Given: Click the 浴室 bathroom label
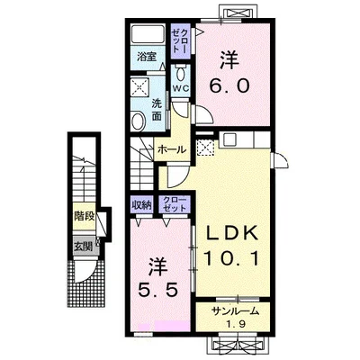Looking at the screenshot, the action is click(x=147, y=57).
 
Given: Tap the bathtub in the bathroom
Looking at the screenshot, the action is click(x=148, y=34).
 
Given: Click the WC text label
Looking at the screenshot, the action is click(x=181, y=88).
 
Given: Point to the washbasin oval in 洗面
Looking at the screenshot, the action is click(x=139, y=120).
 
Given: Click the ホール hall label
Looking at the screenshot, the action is click(x=172, y=149).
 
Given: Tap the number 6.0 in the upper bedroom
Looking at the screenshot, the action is click(x=229, y=85).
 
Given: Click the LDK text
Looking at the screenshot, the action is click(x=232, y=233).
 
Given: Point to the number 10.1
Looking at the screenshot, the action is click(x=231, y=258).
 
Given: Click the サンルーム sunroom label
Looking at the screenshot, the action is click(x=235, y=311).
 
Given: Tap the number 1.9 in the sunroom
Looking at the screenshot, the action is click(x=237, y=324).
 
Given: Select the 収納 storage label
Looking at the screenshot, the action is click(x=141, y=205).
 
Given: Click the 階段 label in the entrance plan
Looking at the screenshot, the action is click(x=85, y=216).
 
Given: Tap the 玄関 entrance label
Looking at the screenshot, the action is click(x=83, y=247).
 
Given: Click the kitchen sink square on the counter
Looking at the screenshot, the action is click(x=229, y=139).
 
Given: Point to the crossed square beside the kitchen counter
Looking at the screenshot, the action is click(x=205, y=148).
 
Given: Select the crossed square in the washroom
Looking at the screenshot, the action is click(x=140, y=87).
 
